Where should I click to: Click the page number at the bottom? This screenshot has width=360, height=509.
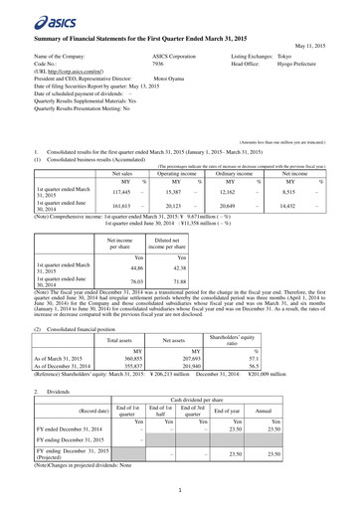180,489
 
